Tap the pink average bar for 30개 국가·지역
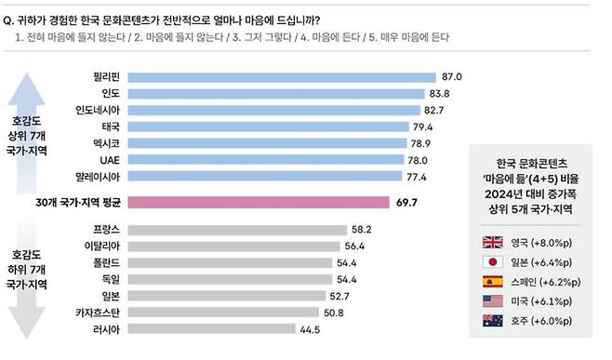[258, 201]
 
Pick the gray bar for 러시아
[211, 328]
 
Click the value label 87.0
[452, 76]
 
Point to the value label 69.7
[407, 201]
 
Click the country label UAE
[109, 160]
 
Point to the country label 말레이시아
[96, 176]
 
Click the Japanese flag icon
[492, 262]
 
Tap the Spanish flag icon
[492, 281]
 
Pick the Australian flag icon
[492, 319]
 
